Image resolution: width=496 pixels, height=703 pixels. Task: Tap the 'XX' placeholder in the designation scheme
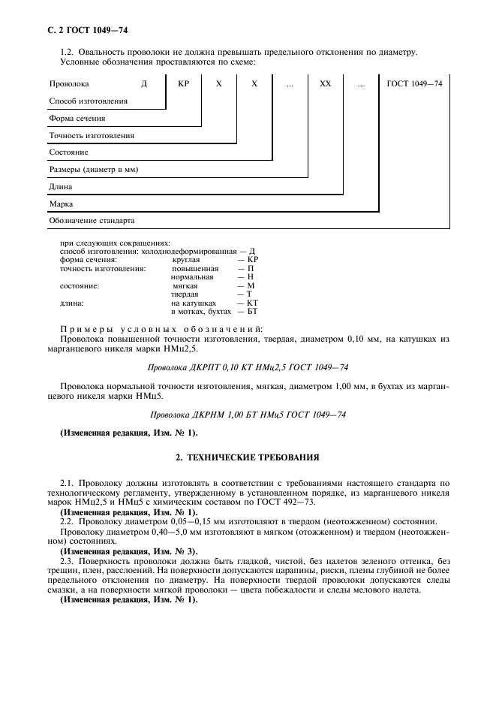pyautogui.click(x=324, y=84)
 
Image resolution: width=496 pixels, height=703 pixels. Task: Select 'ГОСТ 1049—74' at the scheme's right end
pyautogui.click(x=414, y=84)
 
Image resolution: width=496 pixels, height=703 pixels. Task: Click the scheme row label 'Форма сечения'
pyautogui.click(x=77, y=118)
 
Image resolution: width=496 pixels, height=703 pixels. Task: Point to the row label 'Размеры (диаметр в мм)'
pyautogui.click(x=93, y=170)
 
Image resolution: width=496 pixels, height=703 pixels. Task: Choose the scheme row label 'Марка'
pyautogui.click(x=61, y=204)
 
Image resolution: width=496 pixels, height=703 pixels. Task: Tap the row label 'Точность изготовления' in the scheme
pyautogui.click(x=92, y=135)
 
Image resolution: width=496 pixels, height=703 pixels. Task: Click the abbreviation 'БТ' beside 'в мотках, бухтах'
pyautogui.click(x=252, y=311)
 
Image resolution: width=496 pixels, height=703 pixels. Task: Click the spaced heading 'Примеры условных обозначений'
pyautogui.click(x=161, y=329)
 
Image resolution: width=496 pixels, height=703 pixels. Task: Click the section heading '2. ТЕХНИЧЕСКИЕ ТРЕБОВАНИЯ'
pyautogui.click(x=248, y=457)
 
